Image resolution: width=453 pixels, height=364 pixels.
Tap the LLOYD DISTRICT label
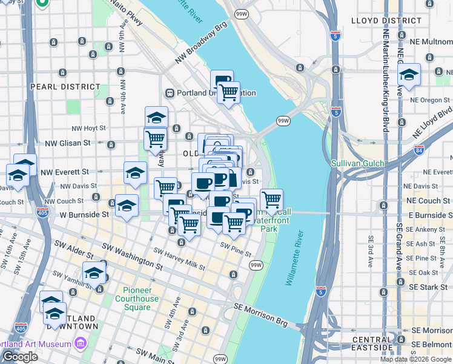pyautogui.click(x=386, y=21)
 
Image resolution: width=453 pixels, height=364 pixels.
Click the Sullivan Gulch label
pyautogui.click(x=358, y=163)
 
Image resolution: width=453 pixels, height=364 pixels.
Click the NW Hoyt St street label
pyautogui.click(x=88, y=129)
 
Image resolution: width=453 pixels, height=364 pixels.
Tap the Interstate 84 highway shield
pyautogui.click(x=419, y=149)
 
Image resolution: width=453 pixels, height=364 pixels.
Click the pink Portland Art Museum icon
pyautogui.click(x=80, y=345)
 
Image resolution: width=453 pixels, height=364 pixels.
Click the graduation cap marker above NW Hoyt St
pyautogui.click(x=156, y=116)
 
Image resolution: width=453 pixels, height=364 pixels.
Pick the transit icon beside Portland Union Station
pyautogui.click(x=171, y=93)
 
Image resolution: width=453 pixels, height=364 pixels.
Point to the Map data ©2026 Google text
pyautogui.click(x=415, y=359)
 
